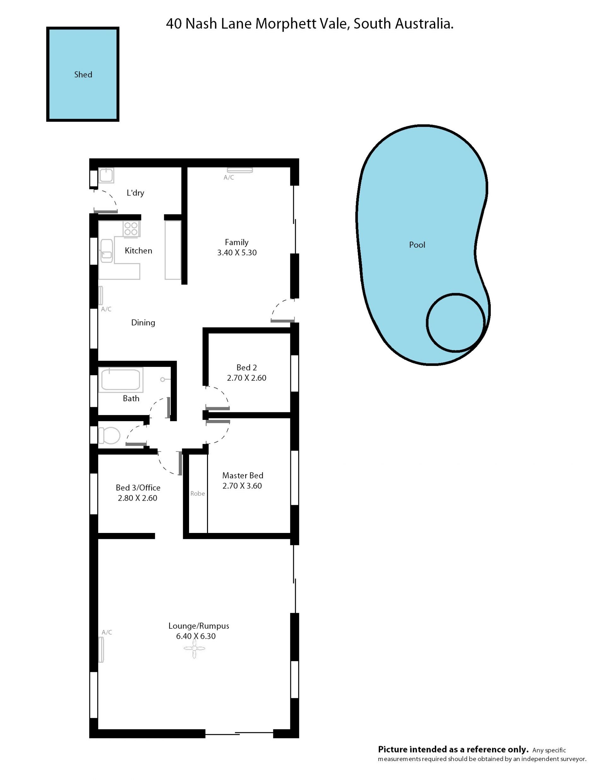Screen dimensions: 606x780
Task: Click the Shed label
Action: coord(83,74)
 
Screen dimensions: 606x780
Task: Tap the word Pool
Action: coord(417,245)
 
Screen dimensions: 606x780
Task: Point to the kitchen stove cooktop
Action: coord(131,229)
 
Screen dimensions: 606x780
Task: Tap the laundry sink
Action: coord(106,175)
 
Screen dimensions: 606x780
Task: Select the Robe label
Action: coord(197,493)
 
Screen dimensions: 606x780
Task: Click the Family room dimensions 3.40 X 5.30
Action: coord(237,252)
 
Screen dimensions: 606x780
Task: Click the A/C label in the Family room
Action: coord(229,177)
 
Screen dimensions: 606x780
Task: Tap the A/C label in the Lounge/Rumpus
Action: coord(107,632)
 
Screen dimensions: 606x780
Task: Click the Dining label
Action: coord(143,323)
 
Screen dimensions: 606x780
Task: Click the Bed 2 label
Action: coord(247,367)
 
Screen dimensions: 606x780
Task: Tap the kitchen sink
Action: coord(106,251)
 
